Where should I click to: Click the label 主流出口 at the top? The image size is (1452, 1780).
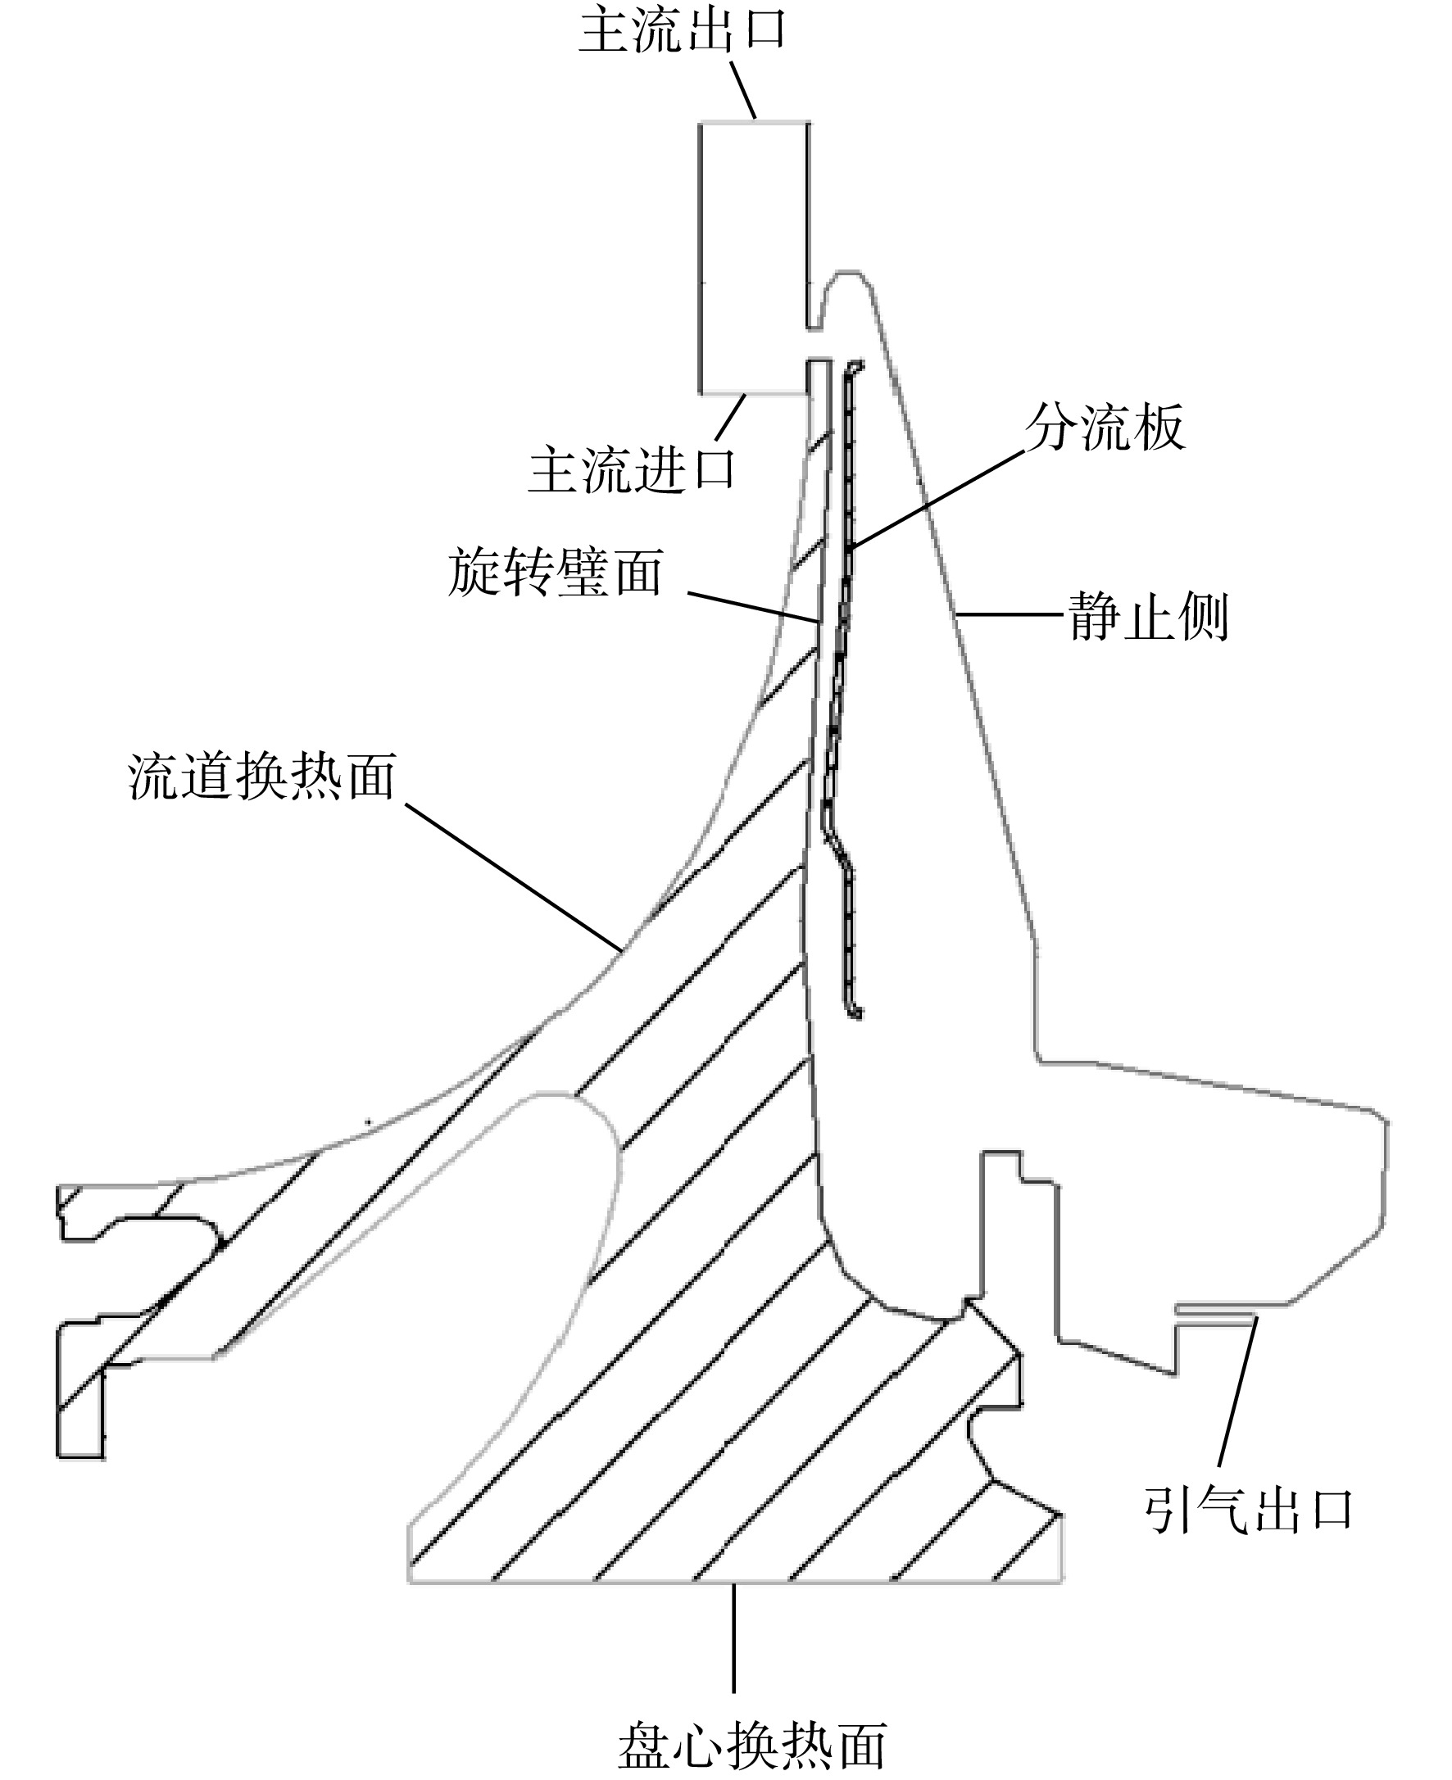coord(683,30)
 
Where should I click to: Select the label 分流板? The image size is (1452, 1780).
coord(1105,427)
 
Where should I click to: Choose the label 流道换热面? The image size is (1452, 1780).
coord(261,776)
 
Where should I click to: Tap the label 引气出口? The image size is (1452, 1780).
coord(1248,1510)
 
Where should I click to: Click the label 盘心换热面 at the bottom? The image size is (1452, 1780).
coord(752,1746)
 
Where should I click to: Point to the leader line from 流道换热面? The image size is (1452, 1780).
coord(514,877)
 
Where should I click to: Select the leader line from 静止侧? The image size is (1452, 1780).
coord(1011,614)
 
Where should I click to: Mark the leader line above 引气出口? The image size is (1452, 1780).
coord(1237,1391)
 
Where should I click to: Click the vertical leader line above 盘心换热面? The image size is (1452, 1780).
coord(734,1637)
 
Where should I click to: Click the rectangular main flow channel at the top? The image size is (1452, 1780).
coord(755,257)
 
